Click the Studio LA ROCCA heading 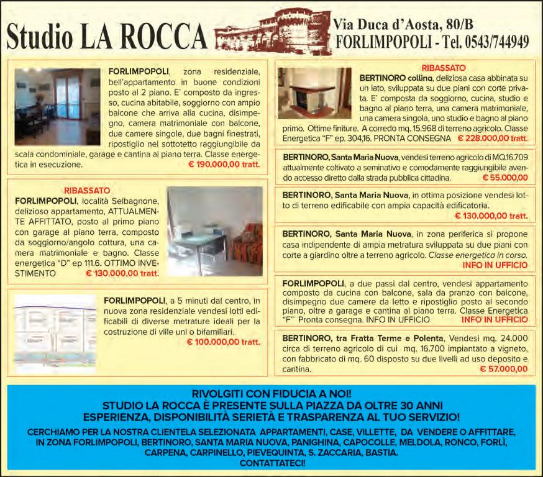[x=106, y=37]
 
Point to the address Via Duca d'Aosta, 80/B [x=403, y=24]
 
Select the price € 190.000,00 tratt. [x=224, y=166]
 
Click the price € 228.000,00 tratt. [x=493, y=138]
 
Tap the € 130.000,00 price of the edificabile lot [x=491, y=216]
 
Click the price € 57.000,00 [x=504, y=369]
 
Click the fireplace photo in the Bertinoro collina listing [x=314, y=93]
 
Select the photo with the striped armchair [x=215, y=231]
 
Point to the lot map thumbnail [x=55, y=333]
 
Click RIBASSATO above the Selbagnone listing [x=87, y=190]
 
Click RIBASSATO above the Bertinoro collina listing [x=444, y=67]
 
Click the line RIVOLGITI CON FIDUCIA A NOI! [x=271, y=394]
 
